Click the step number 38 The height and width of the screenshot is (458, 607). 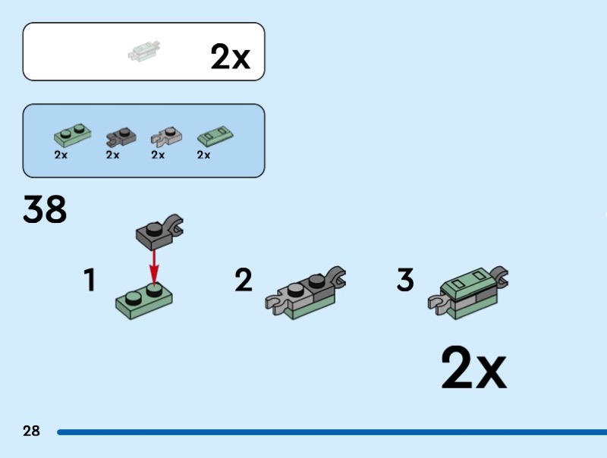pos(45,209)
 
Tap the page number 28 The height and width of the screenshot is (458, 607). pos(31,431)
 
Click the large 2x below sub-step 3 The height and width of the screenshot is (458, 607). pos(473,369)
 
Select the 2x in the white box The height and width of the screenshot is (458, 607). pos(230,56)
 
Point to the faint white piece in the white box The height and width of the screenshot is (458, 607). pos(143,51)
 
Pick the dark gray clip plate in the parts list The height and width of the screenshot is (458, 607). pos(119,136)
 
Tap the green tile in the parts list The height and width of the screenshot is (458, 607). pos(215,136)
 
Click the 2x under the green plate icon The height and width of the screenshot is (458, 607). pos(61,155)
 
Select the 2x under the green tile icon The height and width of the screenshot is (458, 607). pos(203,155)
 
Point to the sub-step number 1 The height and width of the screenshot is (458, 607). pos(90,281)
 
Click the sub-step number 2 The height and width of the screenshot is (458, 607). pos(243,281)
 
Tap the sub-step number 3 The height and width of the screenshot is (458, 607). pos(406,281)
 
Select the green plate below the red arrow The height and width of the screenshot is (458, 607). pos(145,300)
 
